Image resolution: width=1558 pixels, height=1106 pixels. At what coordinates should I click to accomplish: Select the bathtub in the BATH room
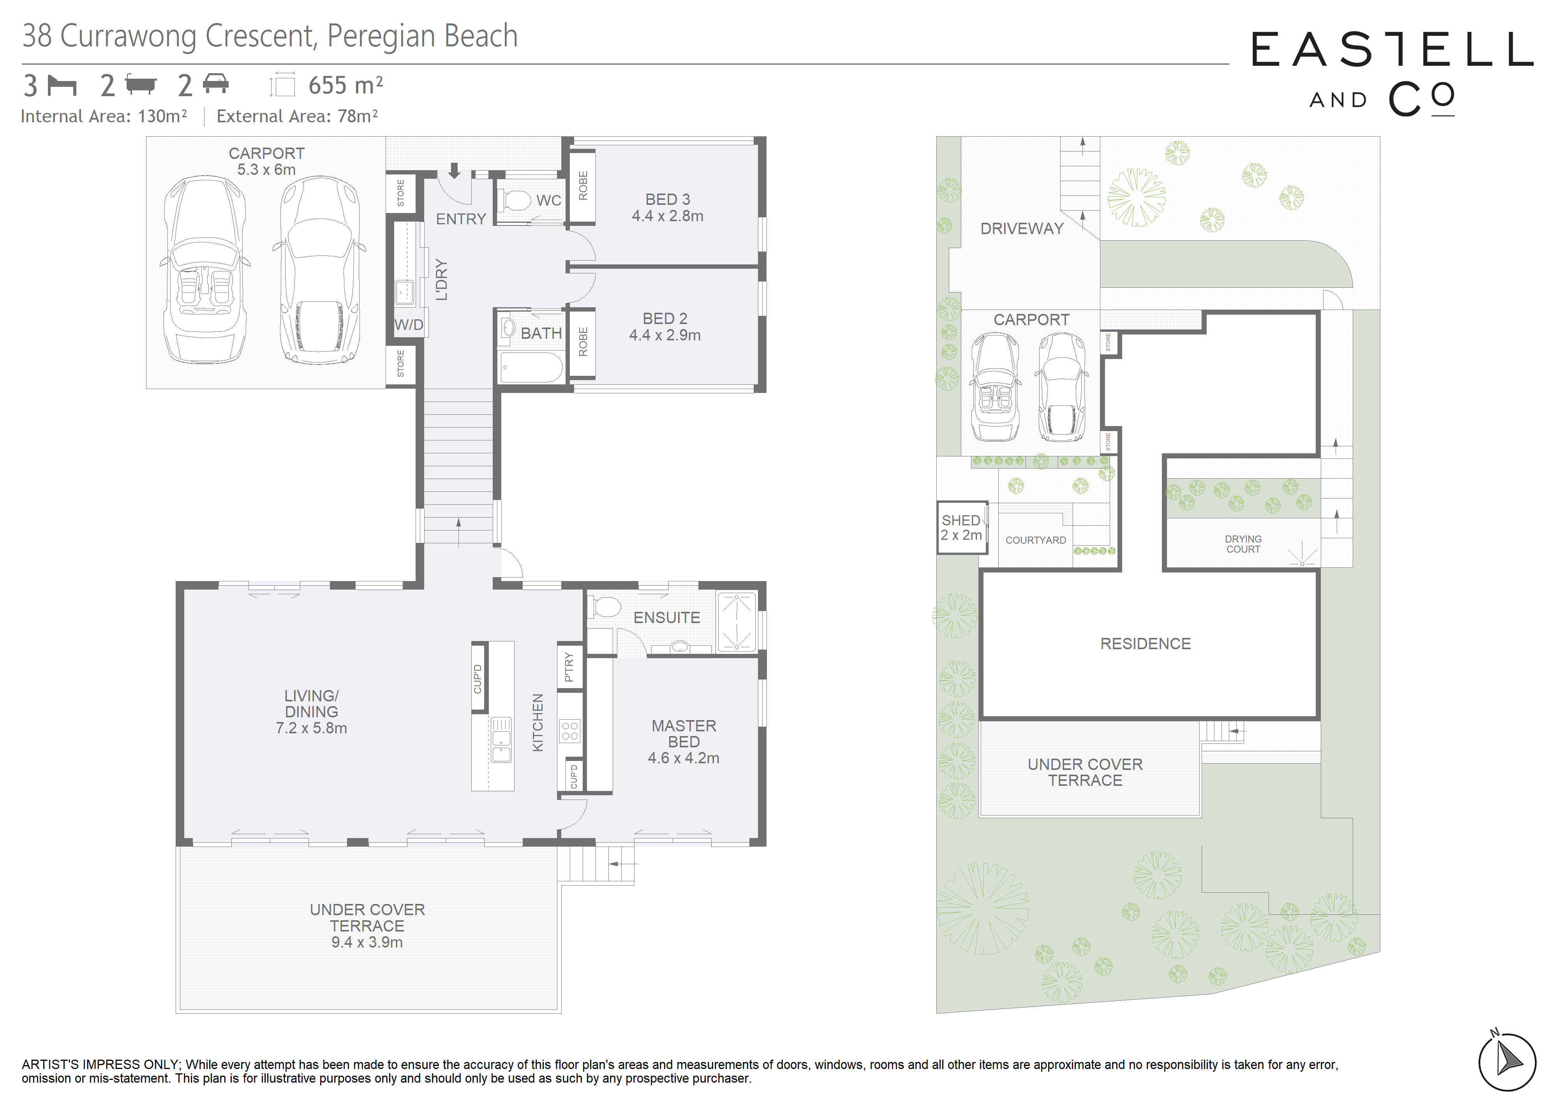[x=532, y=368]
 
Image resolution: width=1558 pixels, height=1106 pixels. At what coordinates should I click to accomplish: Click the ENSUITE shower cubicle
[x=736, y=620]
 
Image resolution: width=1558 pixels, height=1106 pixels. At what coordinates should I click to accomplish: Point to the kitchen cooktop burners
[x=570, y=731]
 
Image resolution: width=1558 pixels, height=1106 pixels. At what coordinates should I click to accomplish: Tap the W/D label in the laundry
[x=409, y=325]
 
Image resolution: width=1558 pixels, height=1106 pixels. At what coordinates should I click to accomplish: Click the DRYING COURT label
[x=1243, y=544]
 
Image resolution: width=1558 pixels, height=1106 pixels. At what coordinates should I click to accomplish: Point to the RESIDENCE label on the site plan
[x=1146, y=644]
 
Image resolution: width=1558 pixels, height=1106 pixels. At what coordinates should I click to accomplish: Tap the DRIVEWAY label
[x=1021, y=229]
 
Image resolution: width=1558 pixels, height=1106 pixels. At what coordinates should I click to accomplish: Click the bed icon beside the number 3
[x=62, y=86]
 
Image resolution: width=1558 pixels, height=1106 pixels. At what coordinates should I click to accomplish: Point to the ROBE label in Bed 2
[x=583, y=342]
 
